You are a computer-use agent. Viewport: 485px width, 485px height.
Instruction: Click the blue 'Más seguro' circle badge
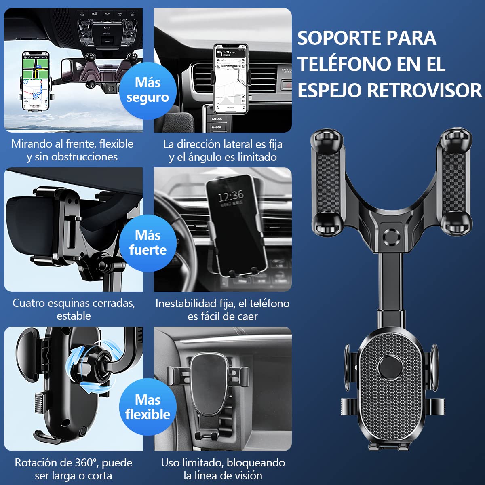[x=148, y=91]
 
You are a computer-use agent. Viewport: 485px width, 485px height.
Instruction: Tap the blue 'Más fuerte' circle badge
[x=148, y=243]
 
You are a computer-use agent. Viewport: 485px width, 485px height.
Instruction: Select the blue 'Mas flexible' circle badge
[x=148, y=407]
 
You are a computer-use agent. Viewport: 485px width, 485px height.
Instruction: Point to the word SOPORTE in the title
[x=339, y=38]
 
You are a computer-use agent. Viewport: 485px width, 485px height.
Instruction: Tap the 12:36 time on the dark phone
[x=231, y=196]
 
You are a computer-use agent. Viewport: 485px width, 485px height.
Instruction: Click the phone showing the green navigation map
[x=36, y=81]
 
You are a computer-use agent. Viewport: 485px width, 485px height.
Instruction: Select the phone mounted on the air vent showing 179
[x=230, y=78]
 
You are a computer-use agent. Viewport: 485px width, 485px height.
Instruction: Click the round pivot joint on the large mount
[x=391, y=237]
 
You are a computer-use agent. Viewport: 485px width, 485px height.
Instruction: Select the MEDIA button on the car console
[x=217, y=118]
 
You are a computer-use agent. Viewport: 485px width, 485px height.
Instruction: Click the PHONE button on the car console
[x=217, y=127]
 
